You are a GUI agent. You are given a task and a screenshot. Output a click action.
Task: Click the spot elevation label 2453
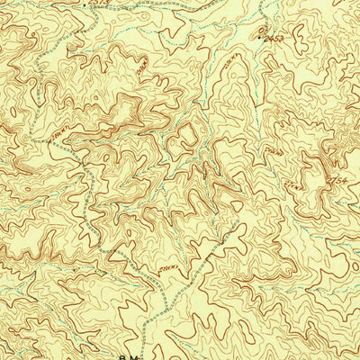(274, 40)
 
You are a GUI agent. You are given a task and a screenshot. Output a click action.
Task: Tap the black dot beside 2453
(261, 40)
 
